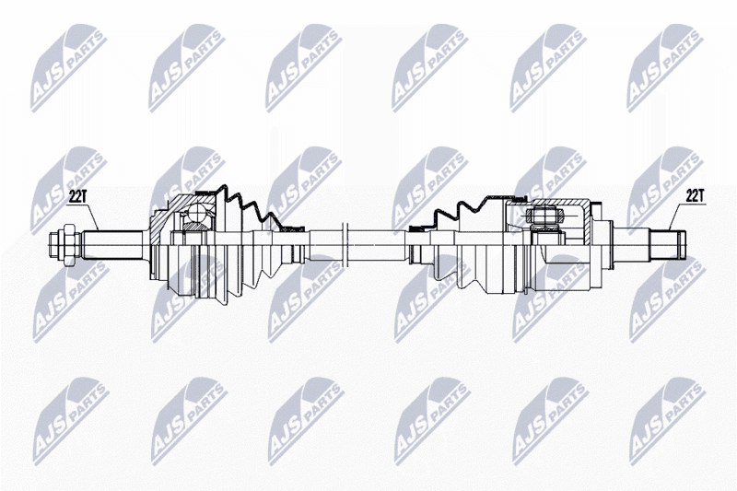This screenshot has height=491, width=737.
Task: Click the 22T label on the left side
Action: (76, 197)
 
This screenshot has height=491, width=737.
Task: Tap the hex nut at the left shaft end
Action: (67, 245)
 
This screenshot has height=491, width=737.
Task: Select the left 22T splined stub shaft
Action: (113, 245)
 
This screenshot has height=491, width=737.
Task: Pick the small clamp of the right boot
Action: (417, 228)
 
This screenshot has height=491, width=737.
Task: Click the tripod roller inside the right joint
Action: (545, 216)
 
